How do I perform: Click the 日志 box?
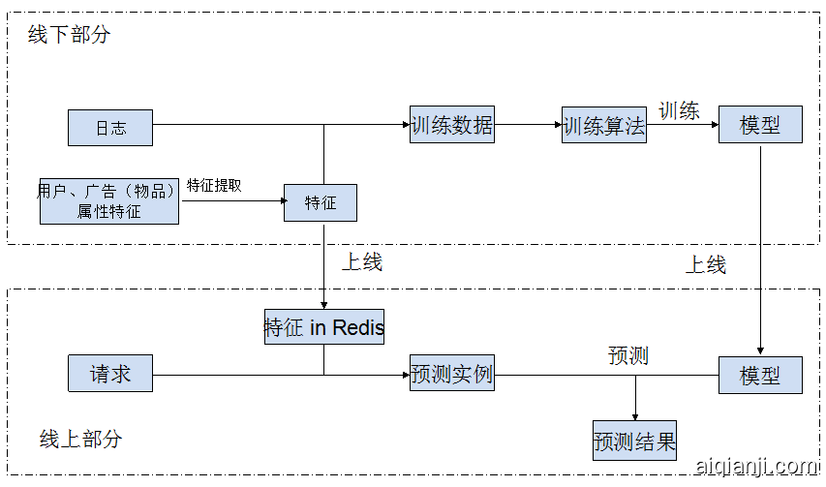(x=109, y=128)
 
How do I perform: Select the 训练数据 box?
(x=451, y=125)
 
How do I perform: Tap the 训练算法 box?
(x=604, y=125)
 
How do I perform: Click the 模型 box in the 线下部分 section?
(x=760, y=125)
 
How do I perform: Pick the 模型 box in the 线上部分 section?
(x=760, y=375)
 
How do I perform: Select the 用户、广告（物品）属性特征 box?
(x=109, y=201)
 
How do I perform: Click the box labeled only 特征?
(x=321, y=202)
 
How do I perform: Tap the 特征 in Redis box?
(x=324, y=327)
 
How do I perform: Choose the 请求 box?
(x=109, y=374)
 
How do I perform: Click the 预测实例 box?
(x=451, y=374)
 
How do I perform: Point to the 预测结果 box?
(x=634, y=441)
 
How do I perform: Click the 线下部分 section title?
(x=69, y=35)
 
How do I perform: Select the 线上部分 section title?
(x=81, y=439)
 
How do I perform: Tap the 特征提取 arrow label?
(x=214, y=185)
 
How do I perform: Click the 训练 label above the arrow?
(x=679, y=110)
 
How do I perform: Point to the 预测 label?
(x=627, y=355)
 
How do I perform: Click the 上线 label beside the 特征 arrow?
(x=361, y=262)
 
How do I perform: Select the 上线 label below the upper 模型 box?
(x=706, y=264)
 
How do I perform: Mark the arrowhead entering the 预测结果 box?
(x=635, y=416)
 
